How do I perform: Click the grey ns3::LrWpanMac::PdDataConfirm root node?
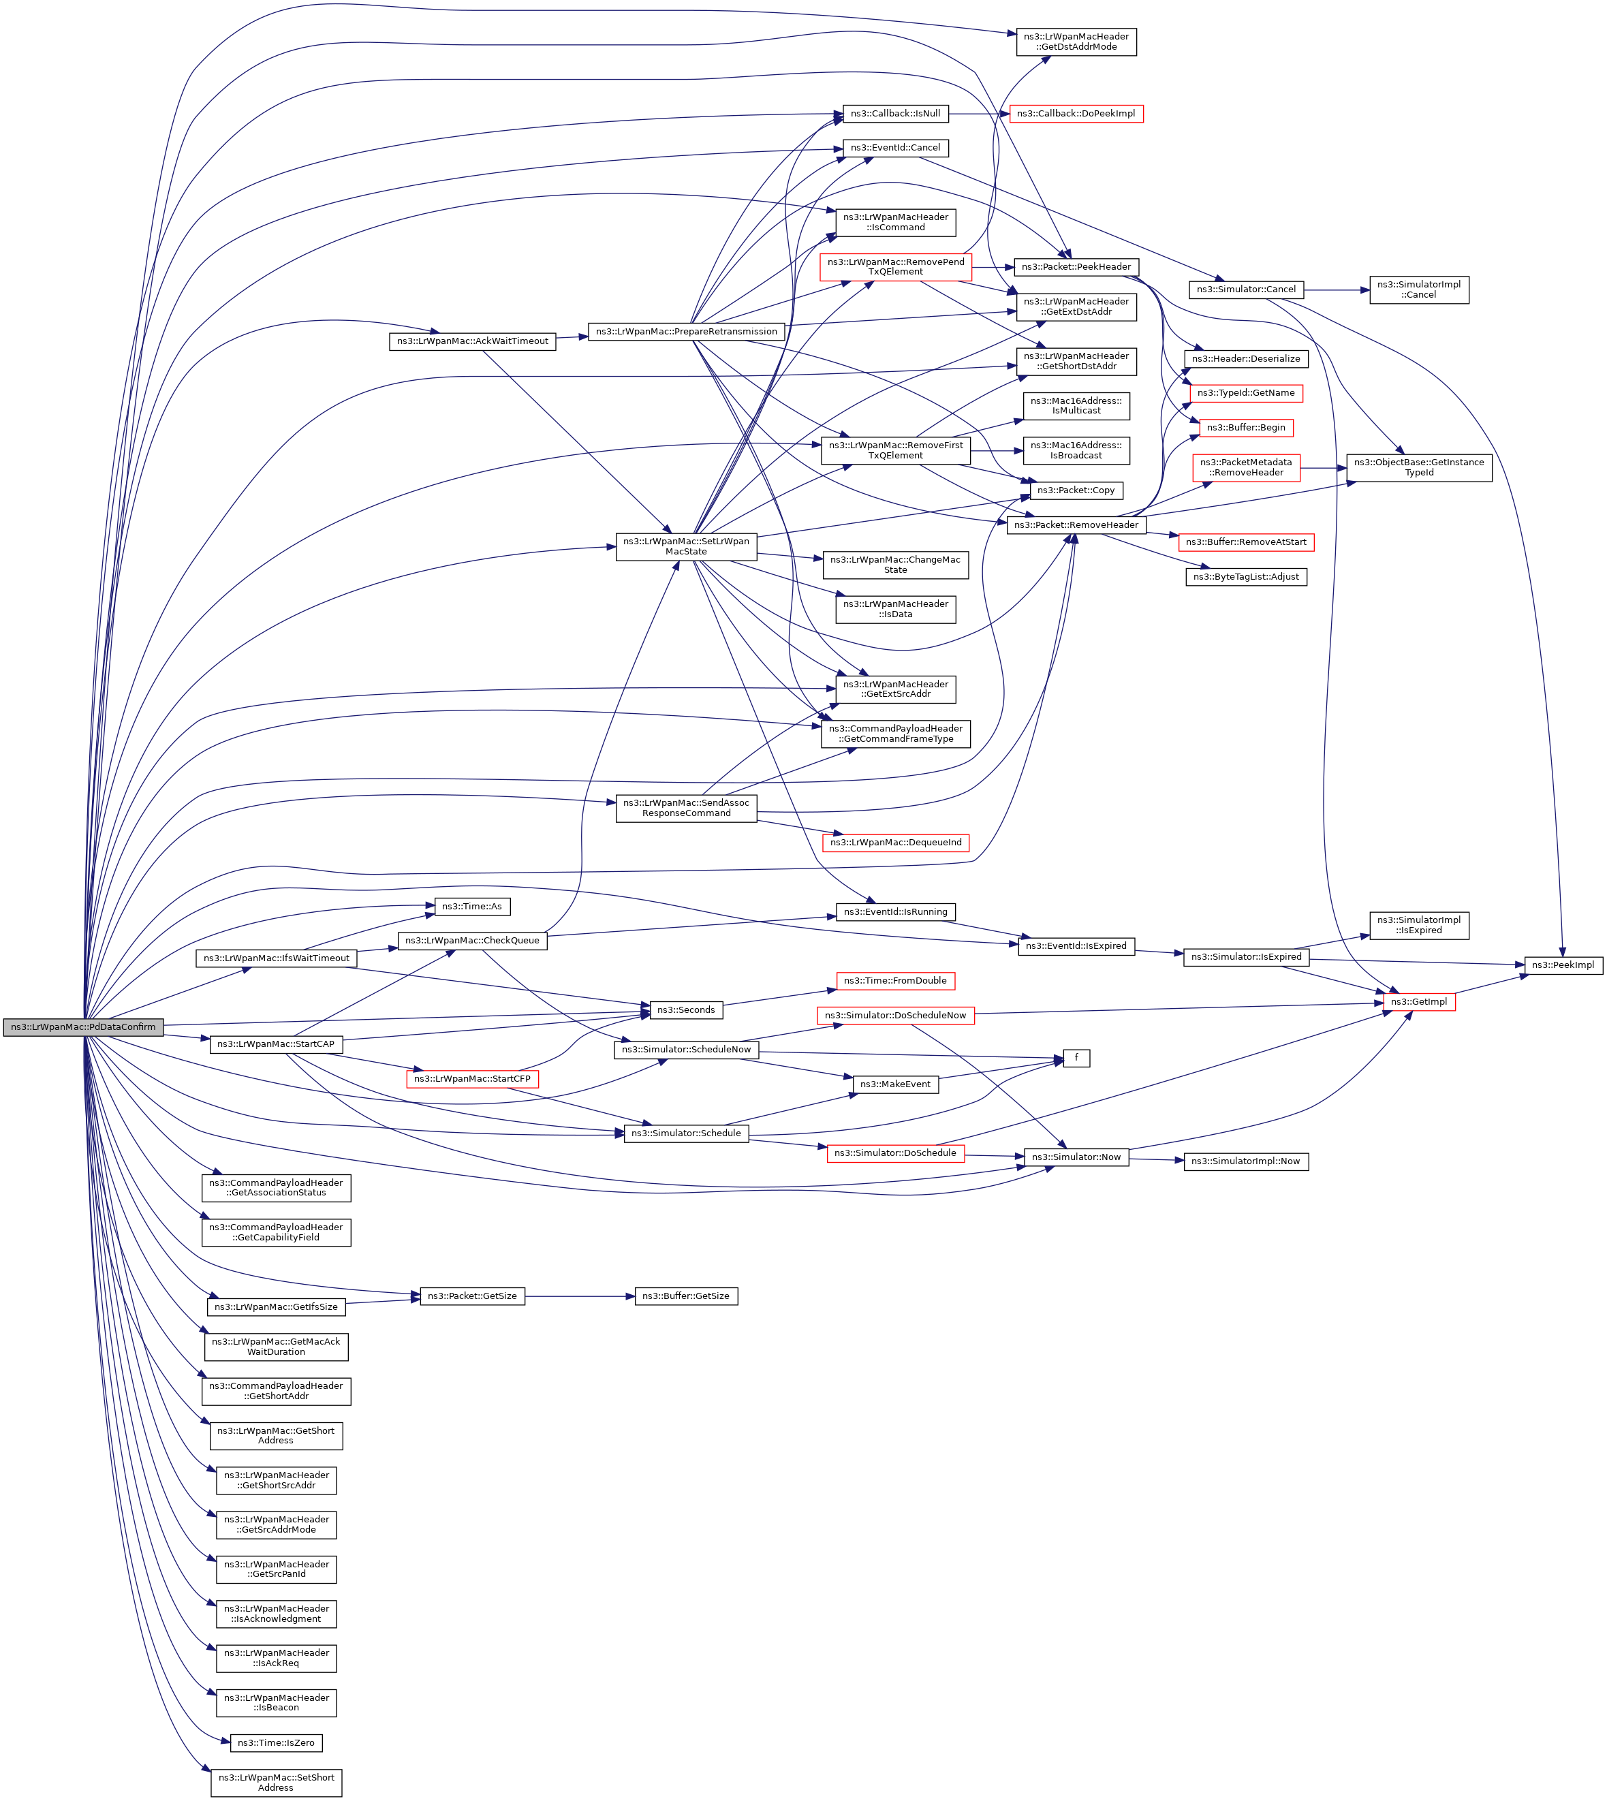(x=83, y=1027)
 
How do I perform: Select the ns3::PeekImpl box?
(x=1563, y=965)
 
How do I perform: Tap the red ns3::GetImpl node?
(x=1419, y=1001)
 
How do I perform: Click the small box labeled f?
(x=1076, y=1058)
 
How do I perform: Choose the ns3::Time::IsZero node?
(x=277, y=1742)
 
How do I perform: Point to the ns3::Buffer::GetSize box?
(x=686, y=1296)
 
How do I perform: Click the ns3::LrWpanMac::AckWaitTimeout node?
(x=472, y=341)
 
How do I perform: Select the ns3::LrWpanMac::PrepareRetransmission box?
(x=686, y=332)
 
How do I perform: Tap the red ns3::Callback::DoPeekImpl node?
(x=1076, y=114)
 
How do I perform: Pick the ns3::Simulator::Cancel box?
(x=1246, y=289)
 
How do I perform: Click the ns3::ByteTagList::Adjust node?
(x=1246, y=576)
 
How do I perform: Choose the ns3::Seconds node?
(x=686, y=1010)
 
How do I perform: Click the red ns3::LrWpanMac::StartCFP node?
(x=472, y=1079)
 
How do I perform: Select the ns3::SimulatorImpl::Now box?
(x=1246, y=1161)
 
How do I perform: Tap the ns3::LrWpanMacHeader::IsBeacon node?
(x=277, y=1702)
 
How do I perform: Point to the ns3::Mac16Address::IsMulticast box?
(x=1076, y=405)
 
